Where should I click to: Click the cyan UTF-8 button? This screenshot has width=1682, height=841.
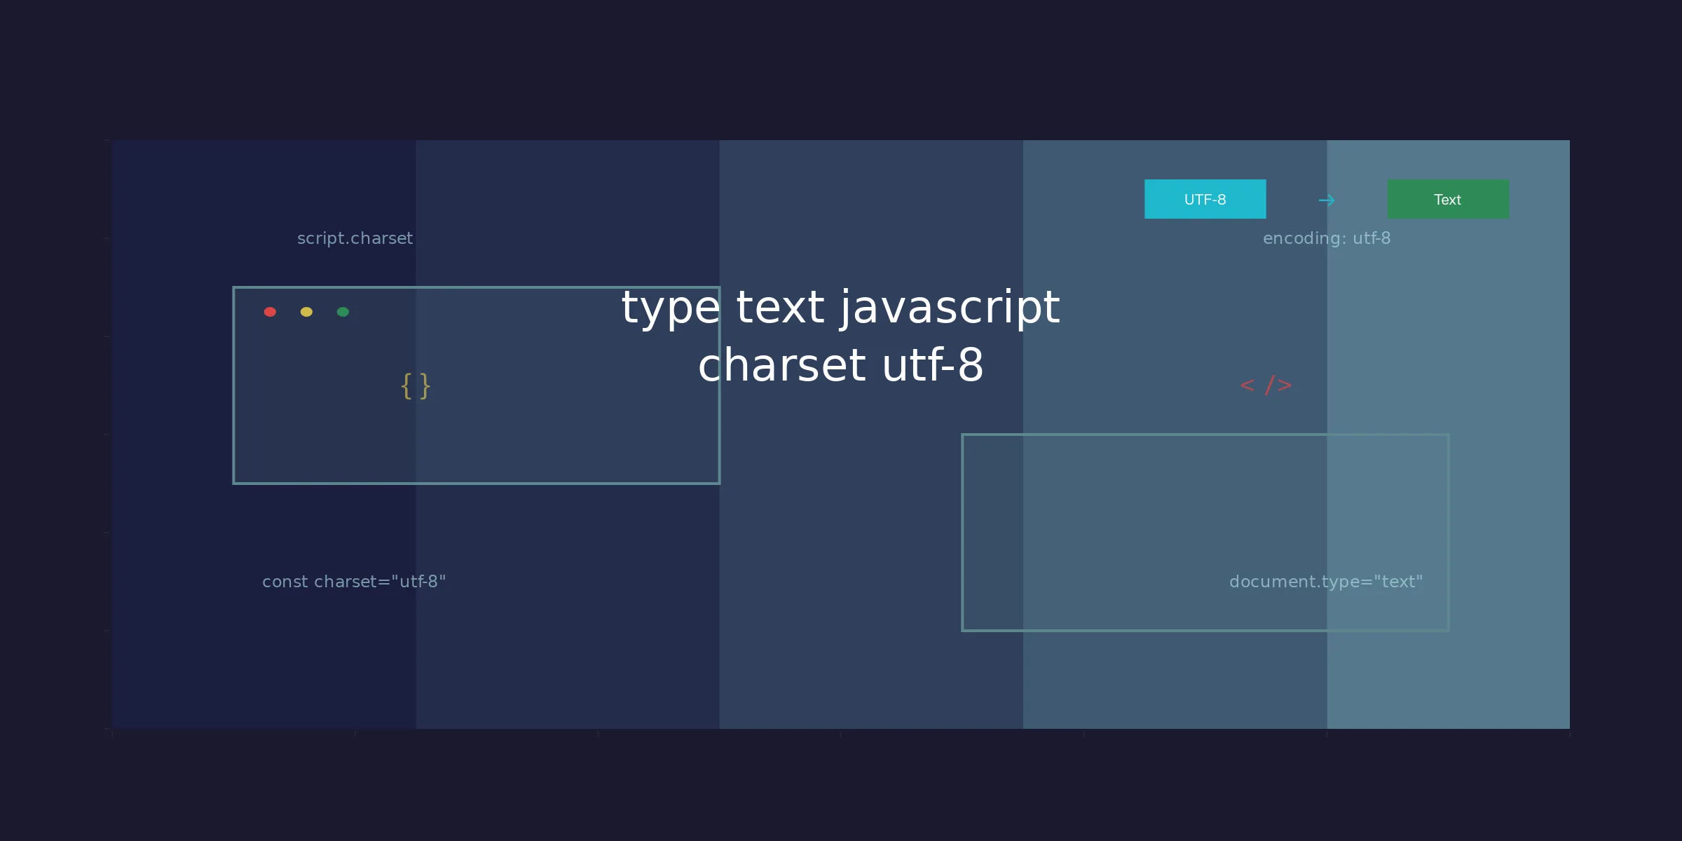[1205, 199]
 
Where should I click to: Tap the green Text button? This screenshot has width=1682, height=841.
[1448, 199]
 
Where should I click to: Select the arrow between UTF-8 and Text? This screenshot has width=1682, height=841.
[1327, 200]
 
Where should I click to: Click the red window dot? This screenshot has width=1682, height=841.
[270, 312]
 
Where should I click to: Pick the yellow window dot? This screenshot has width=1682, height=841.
[306, 312]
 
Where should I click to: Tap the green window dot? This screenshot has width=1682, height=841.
[343, 312]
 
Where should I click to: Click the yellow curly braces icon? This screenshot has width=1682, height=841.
[416, 386]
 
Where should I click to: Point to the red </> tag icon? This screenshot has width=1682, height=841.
[1266, 385]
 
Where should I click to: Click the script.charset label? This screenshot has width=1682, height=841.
[355, 238]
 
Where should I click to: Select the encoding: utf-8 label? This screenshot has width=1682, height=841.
[1327, 238]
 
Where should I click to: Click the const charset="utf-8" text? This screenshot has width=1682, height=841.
[354, 582]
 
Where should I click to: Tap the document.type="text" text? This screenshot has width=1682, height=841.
[1326, 582]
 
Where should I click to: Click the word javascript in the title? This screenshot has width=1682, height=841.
[950, 309]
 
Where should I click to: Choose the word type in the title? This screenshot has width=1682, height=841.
[671, 309]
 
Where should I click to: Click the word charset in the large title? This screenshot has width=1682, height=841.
[781, 365]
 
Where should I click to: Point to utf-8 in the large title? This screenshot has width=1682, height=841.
[933, 365]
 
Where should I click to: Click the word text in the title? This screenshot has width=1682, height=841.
[780, 308]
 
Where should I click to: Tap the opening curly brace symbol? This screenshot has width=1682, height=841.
[406, 386]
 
